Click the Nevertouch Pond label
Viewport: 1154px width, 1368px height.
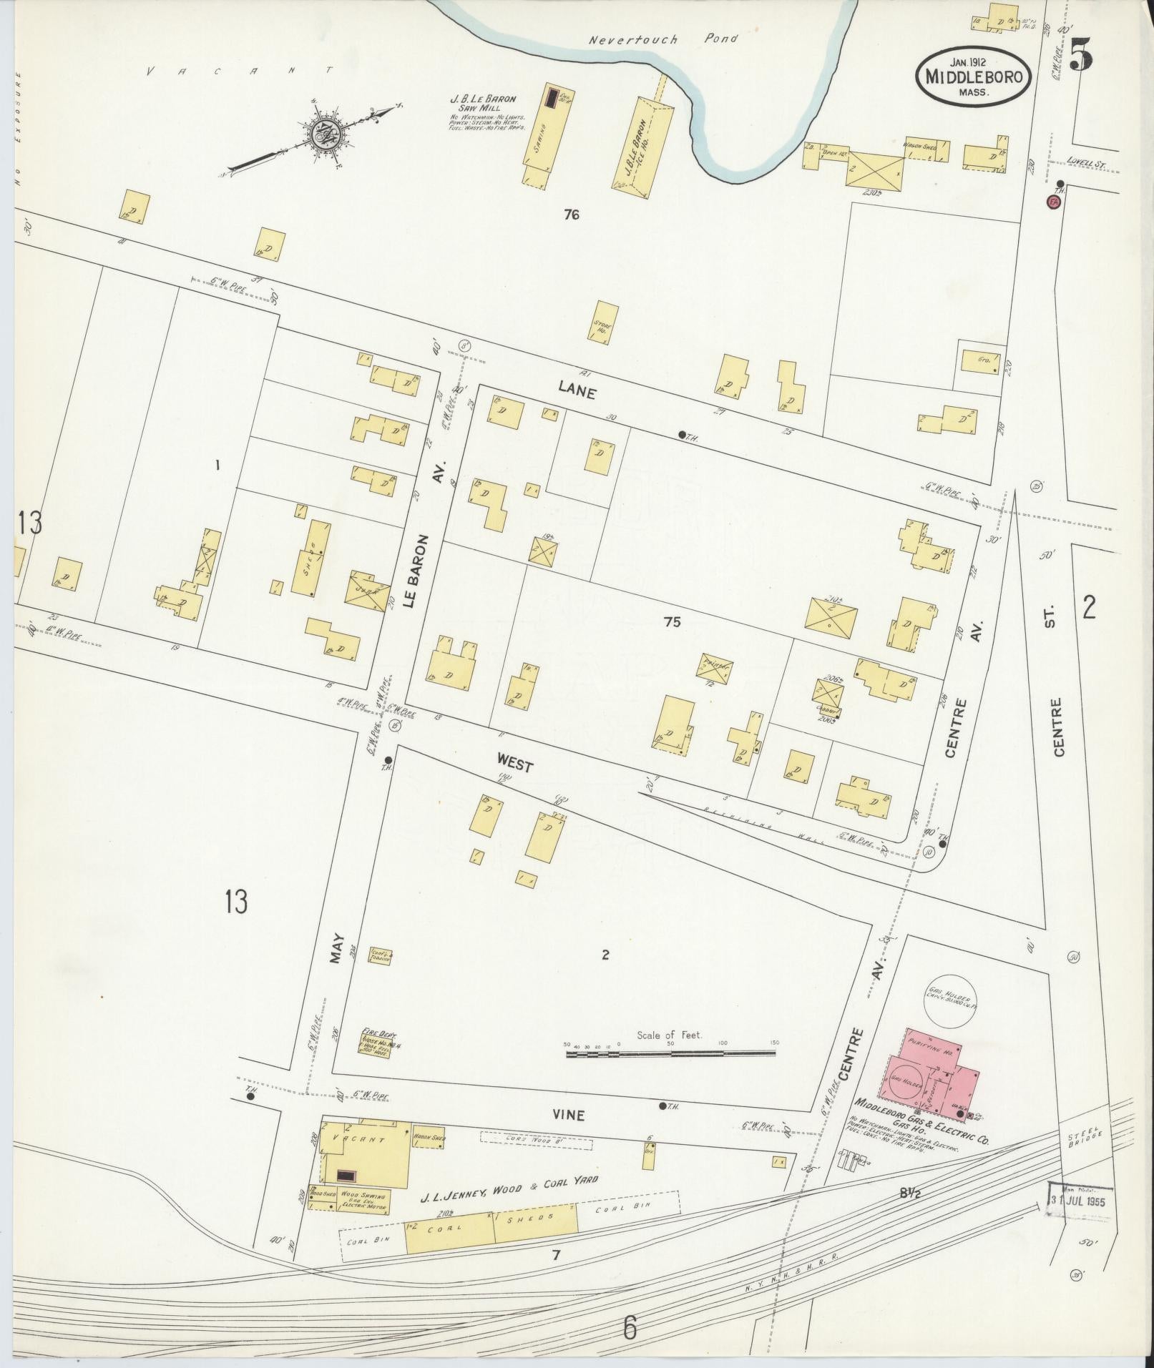click(662, 39)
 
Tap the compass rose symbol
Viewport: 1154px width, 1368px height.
click(320, 134)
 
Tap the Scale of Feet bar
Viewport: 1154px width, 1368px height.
click(672, 1053)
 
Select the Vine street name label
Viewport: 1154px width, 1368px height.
click(569, 1115)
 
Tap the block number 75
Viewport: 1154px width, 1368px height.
click(672, 622)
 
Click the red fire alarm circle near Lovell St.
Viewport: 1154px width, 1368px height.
click(1052, 201)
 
